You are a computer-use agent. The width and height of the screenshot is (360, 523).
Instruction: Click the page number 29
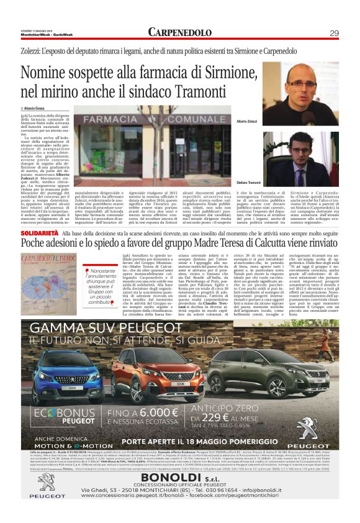pos(351,33)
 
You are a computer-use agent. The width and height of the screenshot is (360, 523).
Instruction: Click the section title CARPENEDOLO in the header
pos(180,32)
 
